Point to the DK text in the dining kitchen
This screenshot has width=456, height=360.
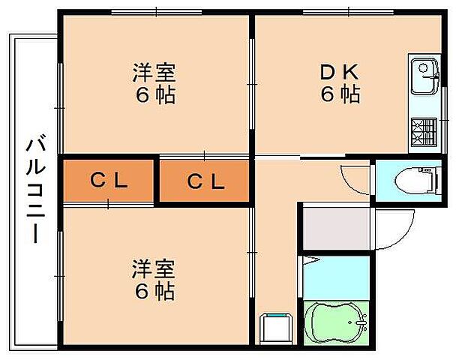(x=340, y=73)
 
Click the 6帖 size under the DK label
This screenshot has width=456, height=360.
(x=340, y=95)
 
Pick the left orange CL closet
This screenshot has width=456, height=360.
(x=109, y=180)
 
